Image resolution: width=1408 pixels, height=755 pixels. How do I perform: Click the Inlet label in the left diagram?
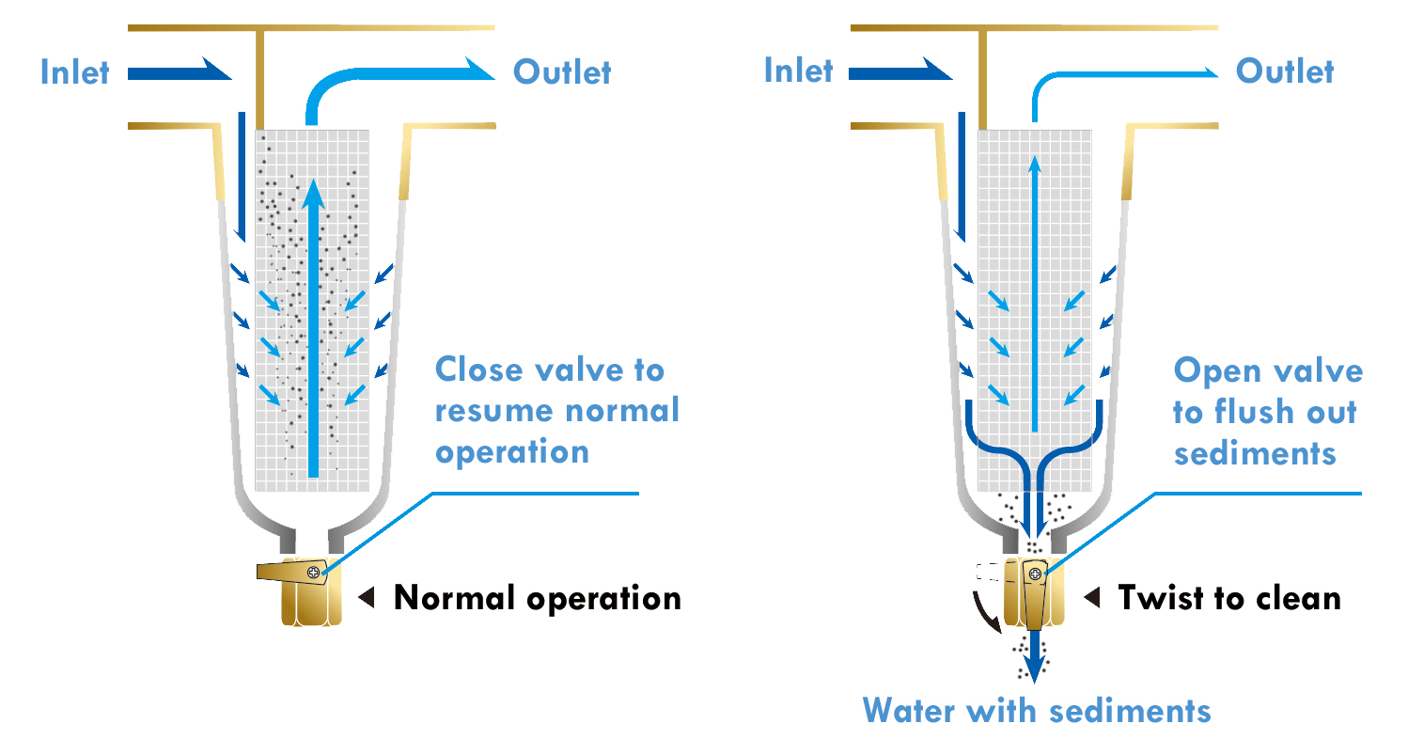click(x=75, y=72)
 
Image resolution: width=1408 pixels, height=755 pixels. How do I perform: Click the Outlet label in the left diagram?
click(x=562, y=72)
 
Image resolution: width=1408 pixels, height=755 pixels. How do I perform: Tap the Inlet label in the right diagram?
click(x=798, y=71)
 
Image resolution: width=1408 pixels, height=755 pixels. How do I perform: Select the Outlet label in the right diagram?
click(x=1284, y=71)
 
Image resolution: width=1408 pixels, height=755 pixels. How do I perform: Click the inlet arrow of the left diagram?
click(x=179, y=71)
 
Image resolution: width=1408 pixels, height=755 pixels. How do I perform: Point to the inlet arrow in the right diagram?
click(x=900, y=71)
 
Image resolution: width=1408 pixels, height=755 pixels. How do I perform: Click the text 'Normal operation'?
click(x=537, y=598)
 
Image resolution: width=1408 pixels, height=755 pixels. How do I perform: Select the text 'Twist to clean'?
click(x=1228, y=598)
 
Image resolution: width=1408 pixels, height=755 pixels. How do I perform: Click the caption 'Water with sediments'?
click(x=1037, y=710)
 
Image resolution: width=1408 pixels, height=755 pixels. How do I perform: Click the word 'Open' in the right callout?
click(x=1214, y=370)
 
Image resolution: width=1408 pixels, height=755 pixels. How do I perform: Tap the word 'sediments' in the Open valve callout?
click(x=1255, y=453)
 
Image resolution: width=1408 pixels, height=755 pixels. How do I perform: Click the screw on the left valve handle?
click(x=313, y=572)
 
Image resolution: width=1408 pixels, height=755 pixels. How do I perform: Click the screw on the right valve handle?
click(x=1035, y=574)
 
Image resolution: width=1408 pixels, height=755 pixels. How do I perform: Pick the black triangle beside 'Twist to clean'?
click(x=1092, y=598)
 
